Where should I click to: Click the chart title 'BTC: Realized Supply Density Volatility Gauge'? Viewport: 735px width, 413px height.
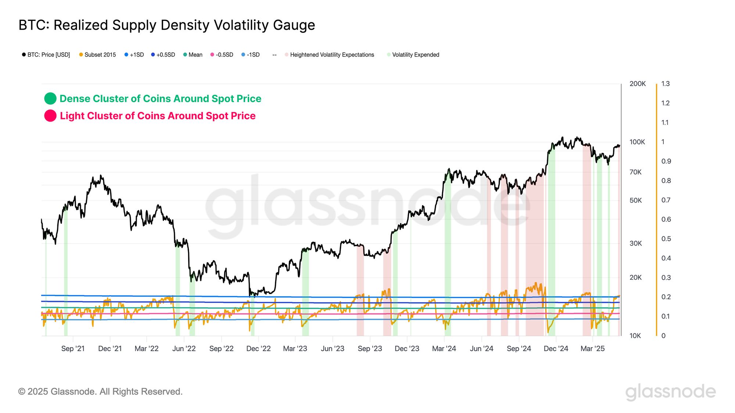point(166,25)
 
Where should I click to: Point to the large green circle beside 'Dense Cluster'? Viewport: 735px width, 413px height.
point(50,98)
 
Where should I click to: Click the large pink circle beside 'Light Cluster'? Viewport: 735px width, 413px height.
point(50,116)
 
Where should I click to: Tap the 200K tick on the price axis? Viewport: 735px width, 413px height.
point(637,84)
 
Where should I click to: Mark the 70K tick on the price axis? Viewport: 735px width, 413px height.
point(635,172)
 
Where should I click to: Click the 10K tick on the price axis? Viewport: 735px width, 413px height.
point(635,336)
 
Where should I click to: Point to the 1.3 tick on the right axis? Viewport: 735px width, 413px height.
point(665,84)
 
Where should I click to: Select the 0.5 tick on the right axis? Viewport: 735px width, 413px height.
point(666,239)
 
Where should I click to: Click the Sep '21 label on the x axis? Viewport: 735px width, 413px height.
point(73,348)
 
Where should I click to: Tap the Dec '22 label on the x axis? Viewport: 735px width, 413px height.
point(258,348)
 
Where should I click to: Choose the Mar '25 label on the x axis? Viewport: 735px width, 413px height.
point(592,348)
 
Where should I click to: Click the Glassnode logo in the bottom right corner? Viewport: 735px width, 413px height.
point(670,392)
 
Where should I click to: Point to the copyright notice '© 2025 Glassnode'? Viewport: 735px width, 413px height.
point(100,392)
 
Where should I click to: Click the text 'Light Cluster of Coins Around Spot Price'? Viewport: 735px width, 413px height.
point(158,116)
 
